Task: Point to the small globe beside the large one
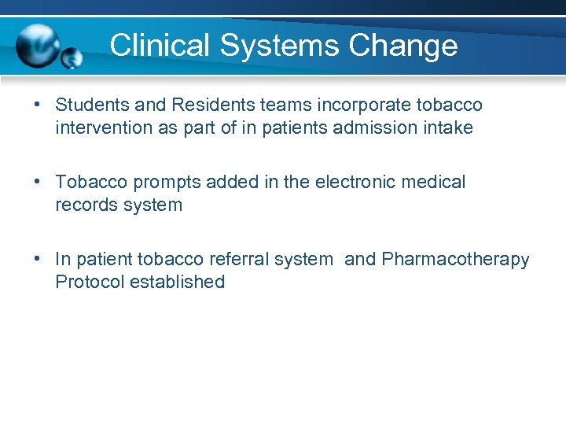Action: coord(72,58)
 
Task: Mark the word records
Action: coord(84,205)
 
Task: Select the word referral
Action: coord(237,259)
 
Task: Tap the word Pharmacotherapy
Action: coord(455,259)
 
